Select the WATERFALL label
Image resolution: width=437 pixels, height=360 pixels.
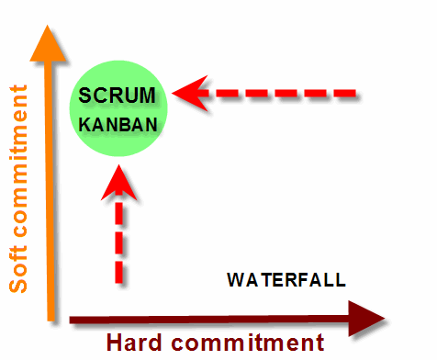[286, 279]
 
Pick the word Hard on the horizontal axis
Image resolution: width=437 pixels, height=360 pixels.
[140, 343]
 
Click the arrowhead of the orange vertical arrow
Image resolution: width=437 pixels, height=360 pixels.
[43, 41]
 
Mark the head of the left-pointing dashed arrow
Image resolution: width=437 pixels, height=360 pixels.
[189, 93]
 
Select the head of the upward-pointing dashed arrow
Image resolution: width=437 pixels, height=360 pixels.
[118, 185]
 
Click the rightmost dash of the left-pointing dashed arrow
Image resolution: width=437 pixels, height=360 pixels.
[343, 93]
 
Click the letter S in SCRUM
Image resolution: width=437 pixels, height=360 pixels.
[85, 94]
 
